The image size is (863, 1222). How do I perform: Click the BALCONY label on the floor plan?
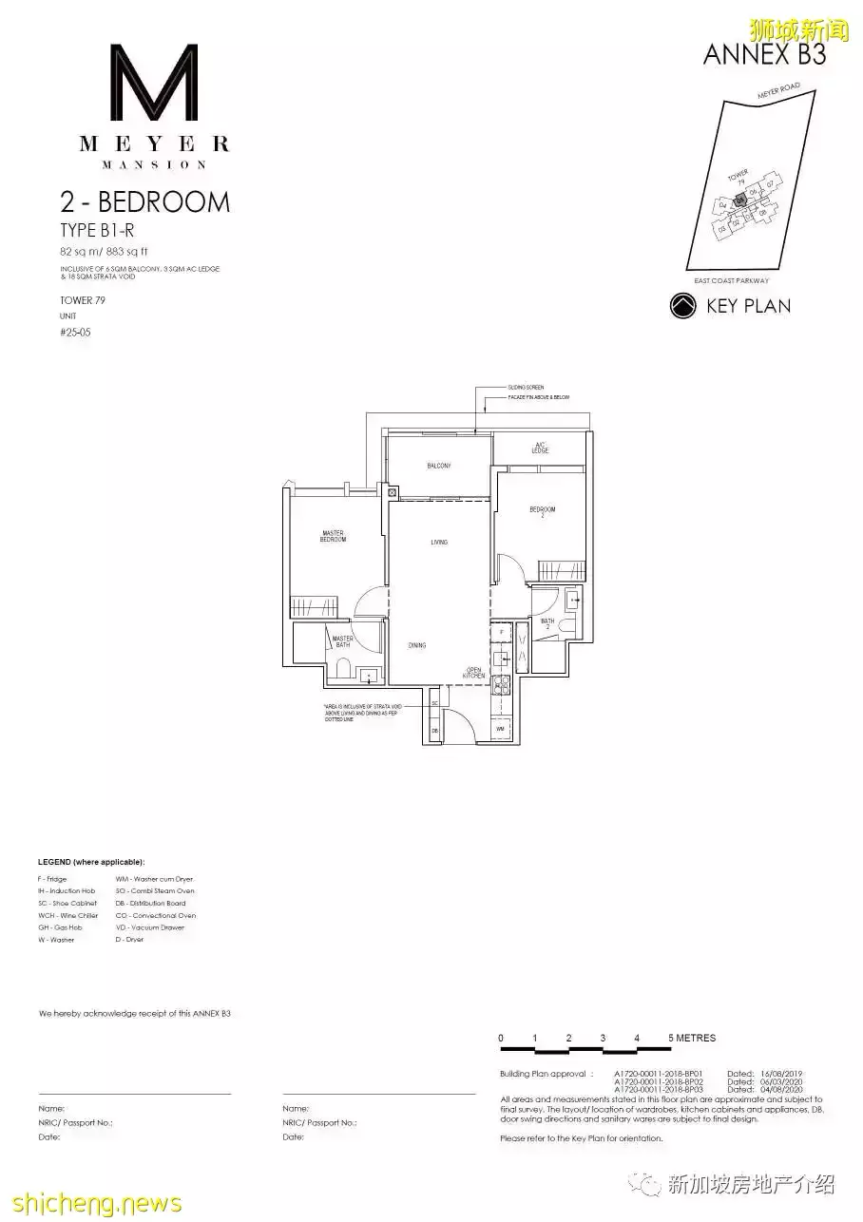(x=438, y=466)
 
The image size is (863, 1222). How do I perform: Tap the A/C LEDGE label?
(x=540, y=448)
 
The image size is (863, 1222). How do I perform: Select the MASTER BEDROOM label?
(x=334, y=536)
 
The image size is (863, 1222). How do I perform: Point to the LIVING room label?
(x=438, y=542)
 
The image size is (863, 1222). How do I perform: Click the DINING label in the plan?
(x=416, y=645)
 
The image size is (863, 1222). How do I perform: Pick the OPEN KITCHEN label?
(x=474, y=672)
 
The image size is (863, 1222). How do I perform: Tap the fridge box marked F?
(x=502, y=632)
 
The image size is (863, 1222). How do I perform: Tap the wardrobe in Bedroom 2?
(x=562, y=570)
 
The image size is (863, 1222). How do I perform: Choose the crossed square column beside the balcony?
(x=392, y=492)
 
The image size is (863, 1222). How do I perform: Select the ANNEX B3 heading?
(x=764, y=54)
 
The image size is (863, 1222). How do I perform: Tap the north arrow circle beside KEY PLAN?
(x=682, y=306)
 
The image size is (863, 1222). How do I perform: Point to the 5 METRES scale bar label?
(x=692, y=1038)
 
